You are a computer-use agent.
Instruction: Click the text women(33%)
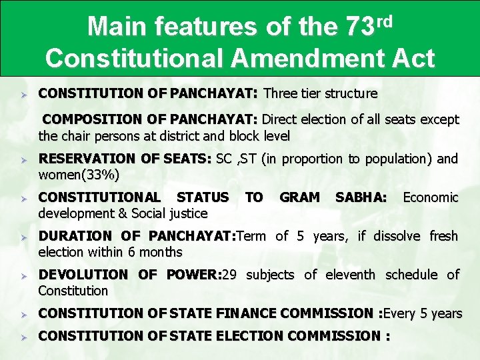coord(79,175)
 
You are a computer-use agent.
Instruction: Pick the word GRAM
coord(299,197)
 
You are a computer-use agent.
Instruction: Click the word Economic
coord(431,197)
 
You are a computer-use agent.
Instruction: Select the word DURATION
coord(75,236)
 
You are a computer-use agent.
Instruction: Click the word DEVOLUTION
coord(83,275)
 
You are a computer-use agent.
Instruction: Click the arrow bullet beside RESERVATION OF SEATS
coord(23,160)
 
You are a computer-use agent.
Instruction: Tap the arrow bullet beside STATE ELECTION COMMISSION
coord(23,337)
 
